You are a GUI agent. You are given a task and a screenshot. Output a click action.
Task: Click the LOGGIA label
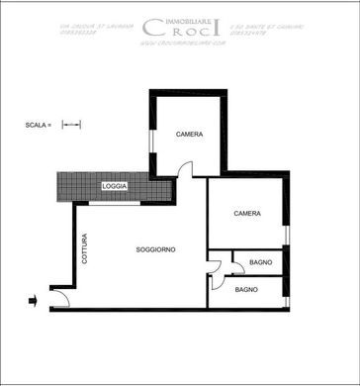(x=115, y=187)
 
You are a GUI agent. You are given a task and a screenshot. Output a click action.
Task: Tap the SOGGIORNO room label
(x=156, y=249)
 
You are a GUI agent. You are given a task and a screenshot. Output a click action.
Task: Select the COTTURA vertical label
(x=85, y=248)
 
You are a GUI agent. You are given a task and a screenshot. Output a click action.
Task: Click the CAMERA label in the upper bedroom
(x=190, y=135)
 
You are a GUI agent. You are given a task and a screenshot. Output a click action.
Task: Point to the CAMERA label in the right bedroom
(x=247, y=214)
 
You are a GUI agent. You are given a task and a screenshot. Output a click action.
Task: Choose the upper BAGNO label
(x=261, y=262)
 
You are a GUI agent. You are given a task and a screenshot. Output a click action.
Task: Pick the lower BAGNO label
(x=247, y=290)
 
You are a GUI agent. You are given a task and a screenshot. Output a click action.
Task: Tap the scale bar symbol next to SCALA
(x=71, y=126)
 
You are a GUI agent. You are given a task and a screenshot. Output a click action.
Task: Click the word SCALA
(x=38, y=126)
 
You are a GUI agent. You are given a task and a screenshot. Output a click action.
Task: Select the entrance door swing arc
(x=60, y=298)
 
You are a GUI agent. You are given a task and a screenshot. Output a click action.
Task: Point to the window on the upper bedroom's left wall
(x=151, y=140)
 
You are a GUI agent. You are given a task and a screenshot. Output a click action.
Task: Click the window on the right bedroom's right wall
(x=286, y=235)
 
